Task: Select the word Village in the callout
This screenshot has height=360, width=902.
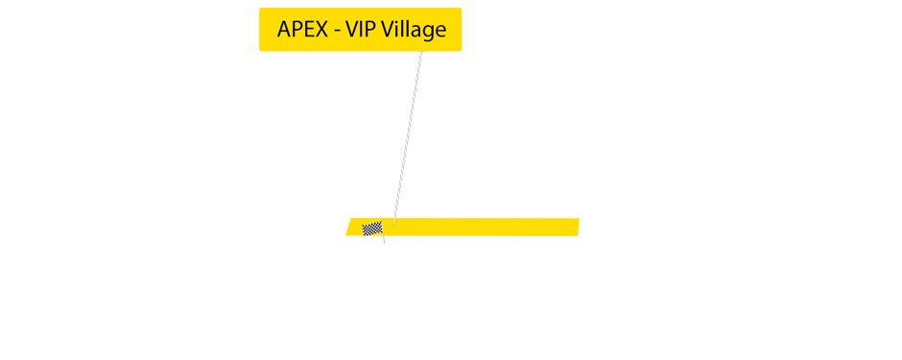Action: pyautogui.click(x=414, y=30)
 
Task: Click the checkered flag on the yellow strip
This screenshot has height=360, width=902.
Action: pyautogui.click(x=372, y=228)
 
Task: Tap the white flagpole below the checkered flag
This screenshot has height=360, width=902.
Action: pyautogui.click(x=384, y=239)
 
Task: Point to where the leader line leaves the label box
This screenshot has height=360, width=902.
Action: pyautogui.click(x=422, y=52)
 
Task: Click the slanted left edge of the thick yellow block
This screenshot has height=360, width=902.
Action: pyautogui.click(x=350, y=225)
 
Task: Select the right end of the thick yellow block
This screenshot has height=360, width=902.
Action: pyautogui.click(x=578, y=228)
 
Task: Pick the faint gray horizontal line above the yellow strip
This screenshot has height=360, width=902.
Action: pyautogui.click(x=653, y=173)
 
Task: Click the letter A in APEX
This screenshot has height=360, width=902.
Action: pyautogui.click(x=284, y=30)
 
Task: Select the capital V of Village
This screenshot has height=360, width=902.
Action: pyautogui.click(x=388, y=30)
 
